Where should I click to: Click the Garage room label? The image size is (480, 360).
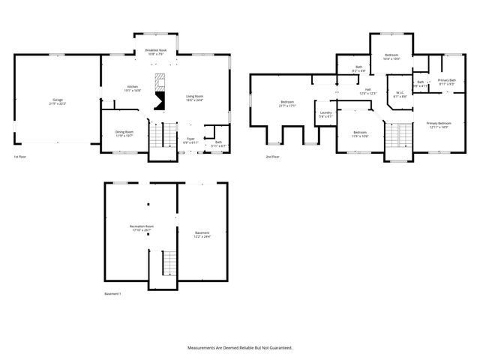tap(58, 102)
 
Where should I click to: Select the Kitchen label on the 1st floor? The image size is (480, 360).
tap(133, 88)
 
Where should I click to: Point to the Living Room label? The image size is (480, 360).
tap(195, 97)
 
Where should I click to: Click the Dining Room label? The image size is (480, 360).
tap(124, 133)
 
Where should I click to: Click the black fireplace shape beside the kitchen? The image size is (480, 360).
tap(159, 101)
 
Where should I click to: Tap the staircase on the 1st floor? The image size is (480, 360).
tap(157, 135)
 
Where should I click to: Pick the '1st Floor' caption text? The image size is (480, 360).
tap(21, 157)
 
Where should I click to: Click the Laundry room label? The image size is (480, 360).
tap(325, 114)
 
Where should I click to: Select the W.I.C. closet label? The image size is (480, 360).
tap(400, 94)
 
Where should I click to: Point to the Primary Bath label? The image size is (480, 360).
tap(446, 82)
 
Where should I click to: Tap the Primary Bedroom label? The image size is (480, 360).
tap(439, 124)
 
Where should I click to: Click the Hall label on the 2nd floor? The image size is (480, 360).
tap(368, 91)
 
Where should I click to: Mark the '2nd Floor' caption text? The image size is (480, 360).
tap(272, 157)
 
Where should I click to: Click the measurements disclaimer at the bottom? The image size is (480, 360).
tap(239, 348)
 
